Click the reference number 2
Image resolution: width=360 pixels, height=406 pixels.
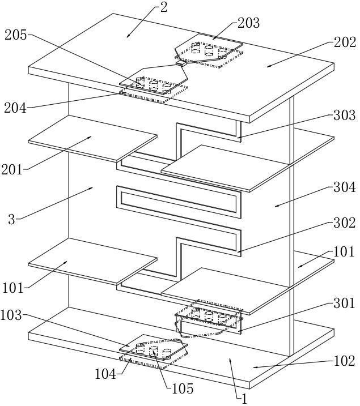pos(164,8)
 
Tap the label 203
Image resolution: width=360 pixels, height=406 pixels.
pos(248,23)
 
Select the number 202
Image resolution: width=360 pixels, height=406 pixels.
pos(345,42)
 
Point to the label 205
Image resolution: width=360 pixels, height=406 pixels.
pos(16,35)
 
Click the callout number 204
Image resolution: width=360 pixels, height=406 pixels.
pos(15,108)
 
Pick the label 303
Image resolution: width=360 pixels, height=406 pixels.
pos(345,115)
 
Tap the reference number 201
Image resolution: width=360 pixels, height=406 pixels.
pos(12,170)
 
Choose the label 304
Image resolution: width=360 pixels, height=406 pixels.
pos(345,187)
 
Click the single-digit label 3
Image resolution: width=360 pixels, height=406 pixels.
pos(12,220)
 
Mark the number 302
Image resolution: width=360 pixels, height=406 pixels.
pos(345,223)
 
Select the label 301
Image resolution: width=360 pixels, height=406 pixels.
pos(344,303)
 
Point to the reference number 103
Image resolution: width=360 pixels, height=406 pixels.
pos(11,315)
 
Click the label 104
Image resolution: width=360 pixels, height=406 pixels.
pos(106,374)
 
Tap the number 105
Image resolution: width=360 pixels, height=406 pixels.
pos(183,388)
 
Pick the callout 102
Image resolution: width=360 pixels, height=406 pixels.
pos(344,361)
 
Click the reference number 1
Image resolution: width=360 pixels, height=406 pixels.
pos(244,399)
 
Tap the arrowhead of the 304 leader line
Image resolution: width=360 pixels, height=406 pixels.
pos(276,206)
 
